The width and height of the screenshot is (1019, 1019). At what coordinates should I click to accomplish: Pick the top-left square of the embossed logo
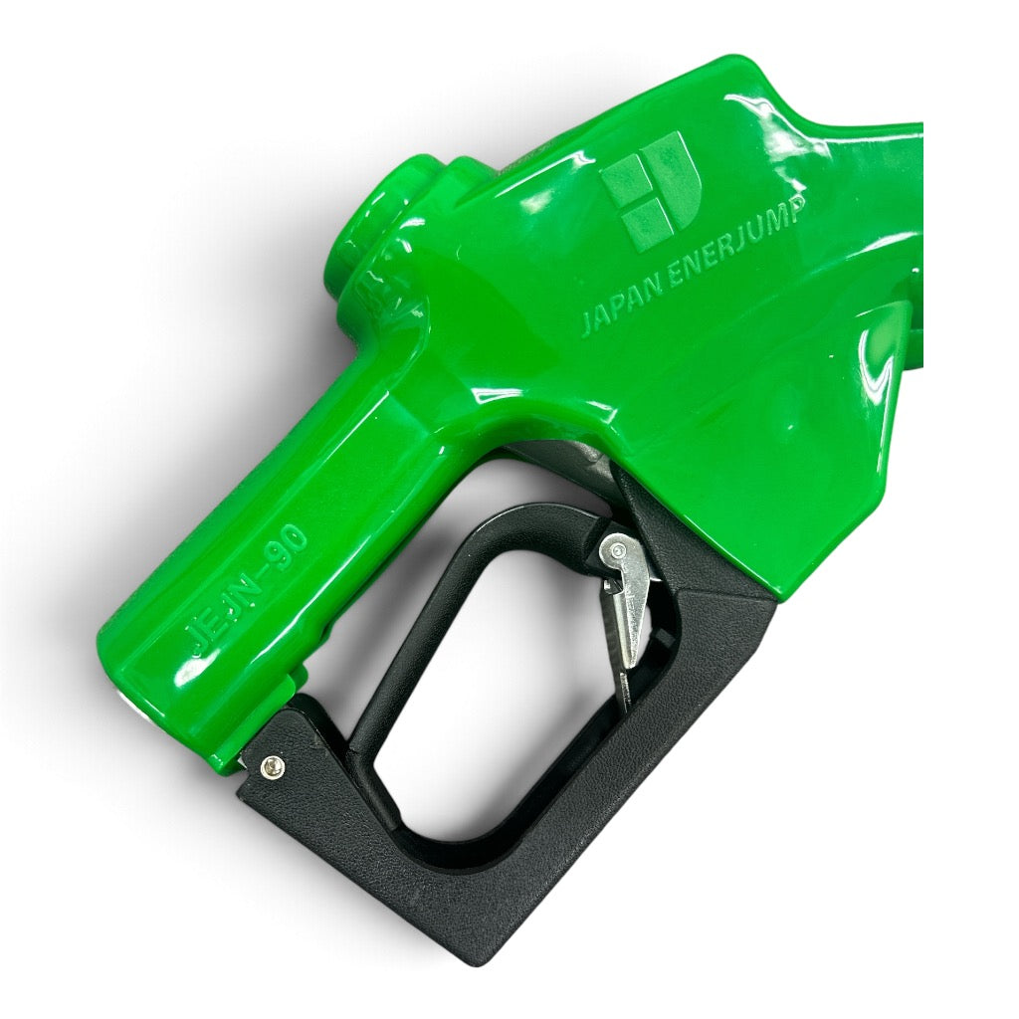625,177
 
